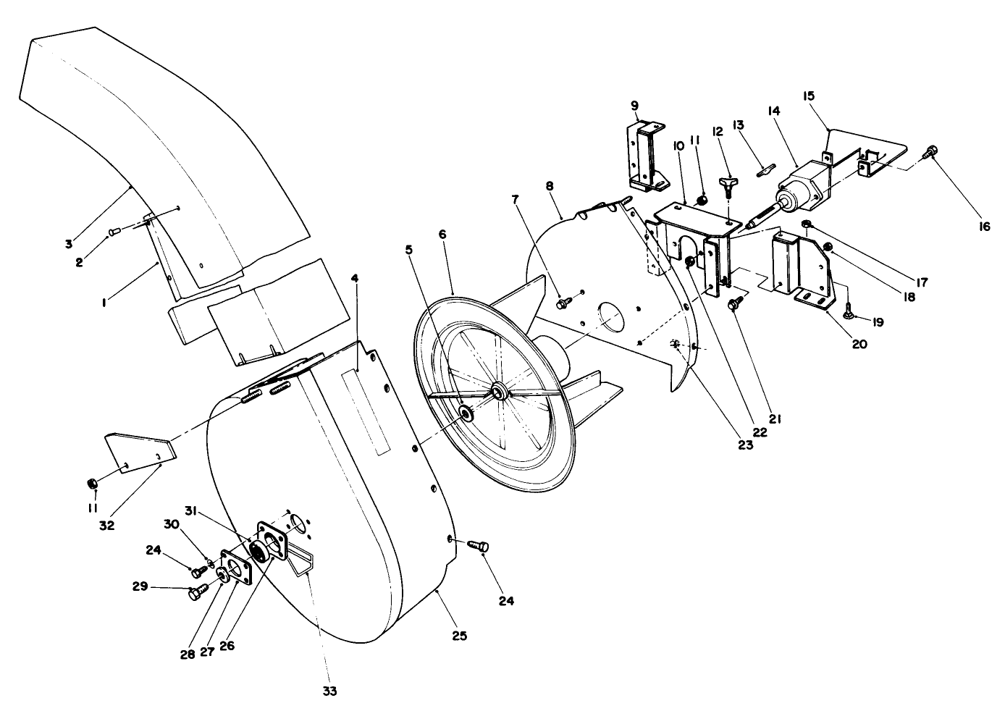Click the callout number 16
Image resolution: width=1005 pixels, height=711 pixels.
coord(982,227)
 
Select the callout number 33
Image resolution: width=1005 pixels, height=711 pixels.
coord(329,691)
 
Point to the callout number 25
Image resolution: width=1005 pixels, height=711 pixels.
coord(459,636)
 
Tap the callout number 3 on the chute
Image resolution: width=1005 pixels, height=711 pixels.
coord(68,244)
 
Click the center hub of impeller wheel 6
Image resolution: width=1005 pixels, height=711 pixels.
coord(498,392)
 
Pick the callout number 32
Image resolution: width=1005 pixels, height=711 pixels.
coord(107,526)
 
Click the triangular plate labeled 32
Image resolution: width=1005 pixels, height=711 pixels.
coord(141,453)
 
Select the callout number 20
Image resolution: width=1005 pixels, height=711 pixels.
coord(859,344)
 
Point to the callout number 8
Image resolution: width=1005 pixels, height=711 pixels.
coord(550,186)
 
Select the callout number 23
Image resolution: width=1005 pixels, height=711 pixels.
coord(746,445)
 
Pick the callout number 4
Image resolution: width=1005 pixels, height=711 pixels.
coord(355,278)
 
